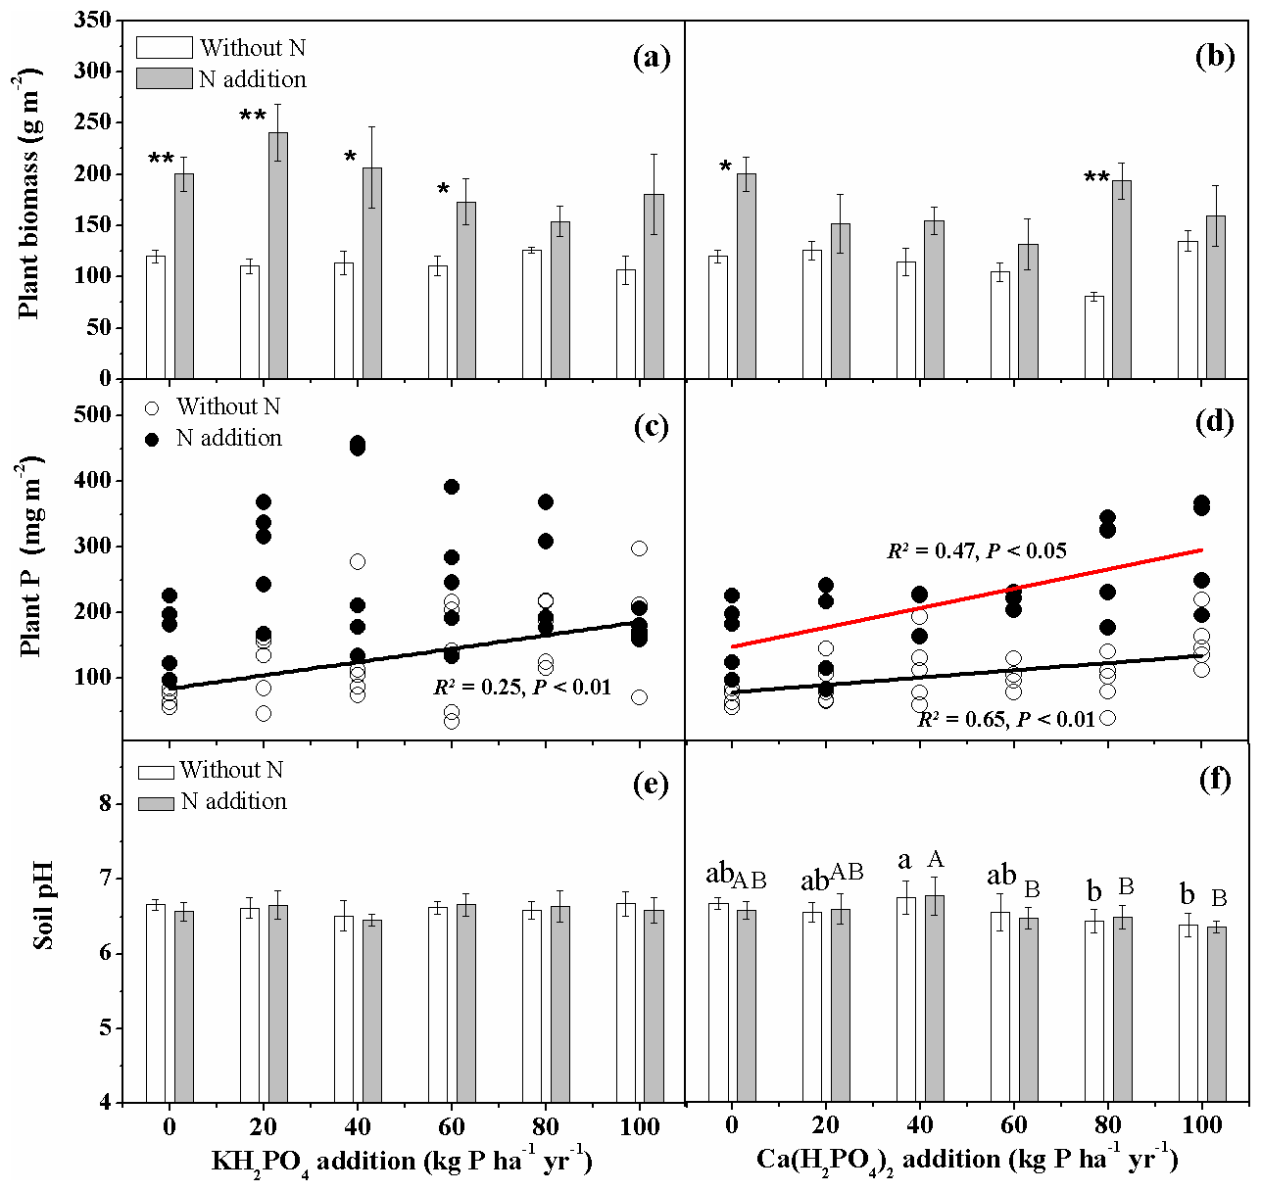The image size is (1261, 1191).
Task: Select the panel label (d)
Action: coord(1214,424)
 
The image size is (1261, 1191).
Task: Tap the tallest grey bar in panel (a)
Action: coord(278,255)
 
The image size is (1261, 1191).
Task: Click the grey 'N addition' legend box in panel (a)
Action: coord(164,79)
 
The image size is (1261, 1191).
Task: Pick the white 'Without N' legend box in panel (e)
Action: coord(156,772)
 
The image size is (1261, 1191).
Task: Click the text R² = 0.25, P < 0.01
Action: coord(522,688)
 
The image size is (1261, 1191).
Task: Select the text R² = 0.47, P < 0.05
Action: coord(976,551)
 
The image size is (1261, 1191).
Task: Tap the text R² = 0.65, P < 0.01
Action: coord(1005,720)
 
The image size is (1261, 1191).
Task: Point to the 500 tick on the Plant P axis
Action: coord(91,415)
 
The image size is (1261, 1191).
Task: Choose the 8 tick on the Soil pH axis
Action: coord(105,804)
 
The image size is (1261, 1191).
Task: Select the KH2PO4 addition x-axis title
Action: coord(402,1162)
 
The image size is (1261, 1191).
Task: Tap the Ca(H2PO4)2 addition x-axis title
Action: coord(966,1160)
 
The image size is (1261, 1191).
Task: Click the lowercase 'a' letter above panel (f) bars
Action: coord(904,861)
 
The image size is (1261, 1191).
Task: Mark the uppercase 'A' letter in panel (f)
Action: coord(935,860)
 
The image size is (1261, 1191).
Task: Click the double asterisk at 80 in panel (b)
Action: coord(1096,178)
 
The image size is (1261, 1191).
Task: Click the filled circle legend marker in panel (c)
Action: coord(152,439)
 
